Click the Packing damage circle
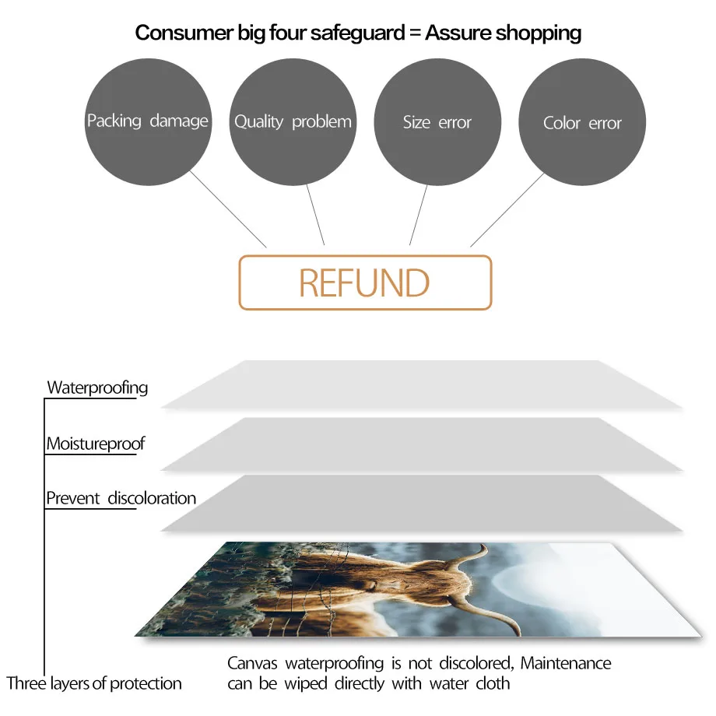[147, 121]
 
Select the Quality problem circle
[293, 121]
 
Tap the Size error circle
[437, 122]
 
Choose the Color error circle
[582, 123]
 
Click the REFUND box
[365, 283]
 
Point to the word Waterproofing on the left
[97, 387]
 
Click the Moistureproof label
[95, 444]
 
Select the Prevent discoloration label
[121, 498]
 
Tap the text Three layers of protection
[94, 683]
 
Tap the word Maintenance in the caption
[566, 664]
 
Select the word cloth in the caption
[492, 683]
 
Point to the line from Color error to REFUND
[506, 210]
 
